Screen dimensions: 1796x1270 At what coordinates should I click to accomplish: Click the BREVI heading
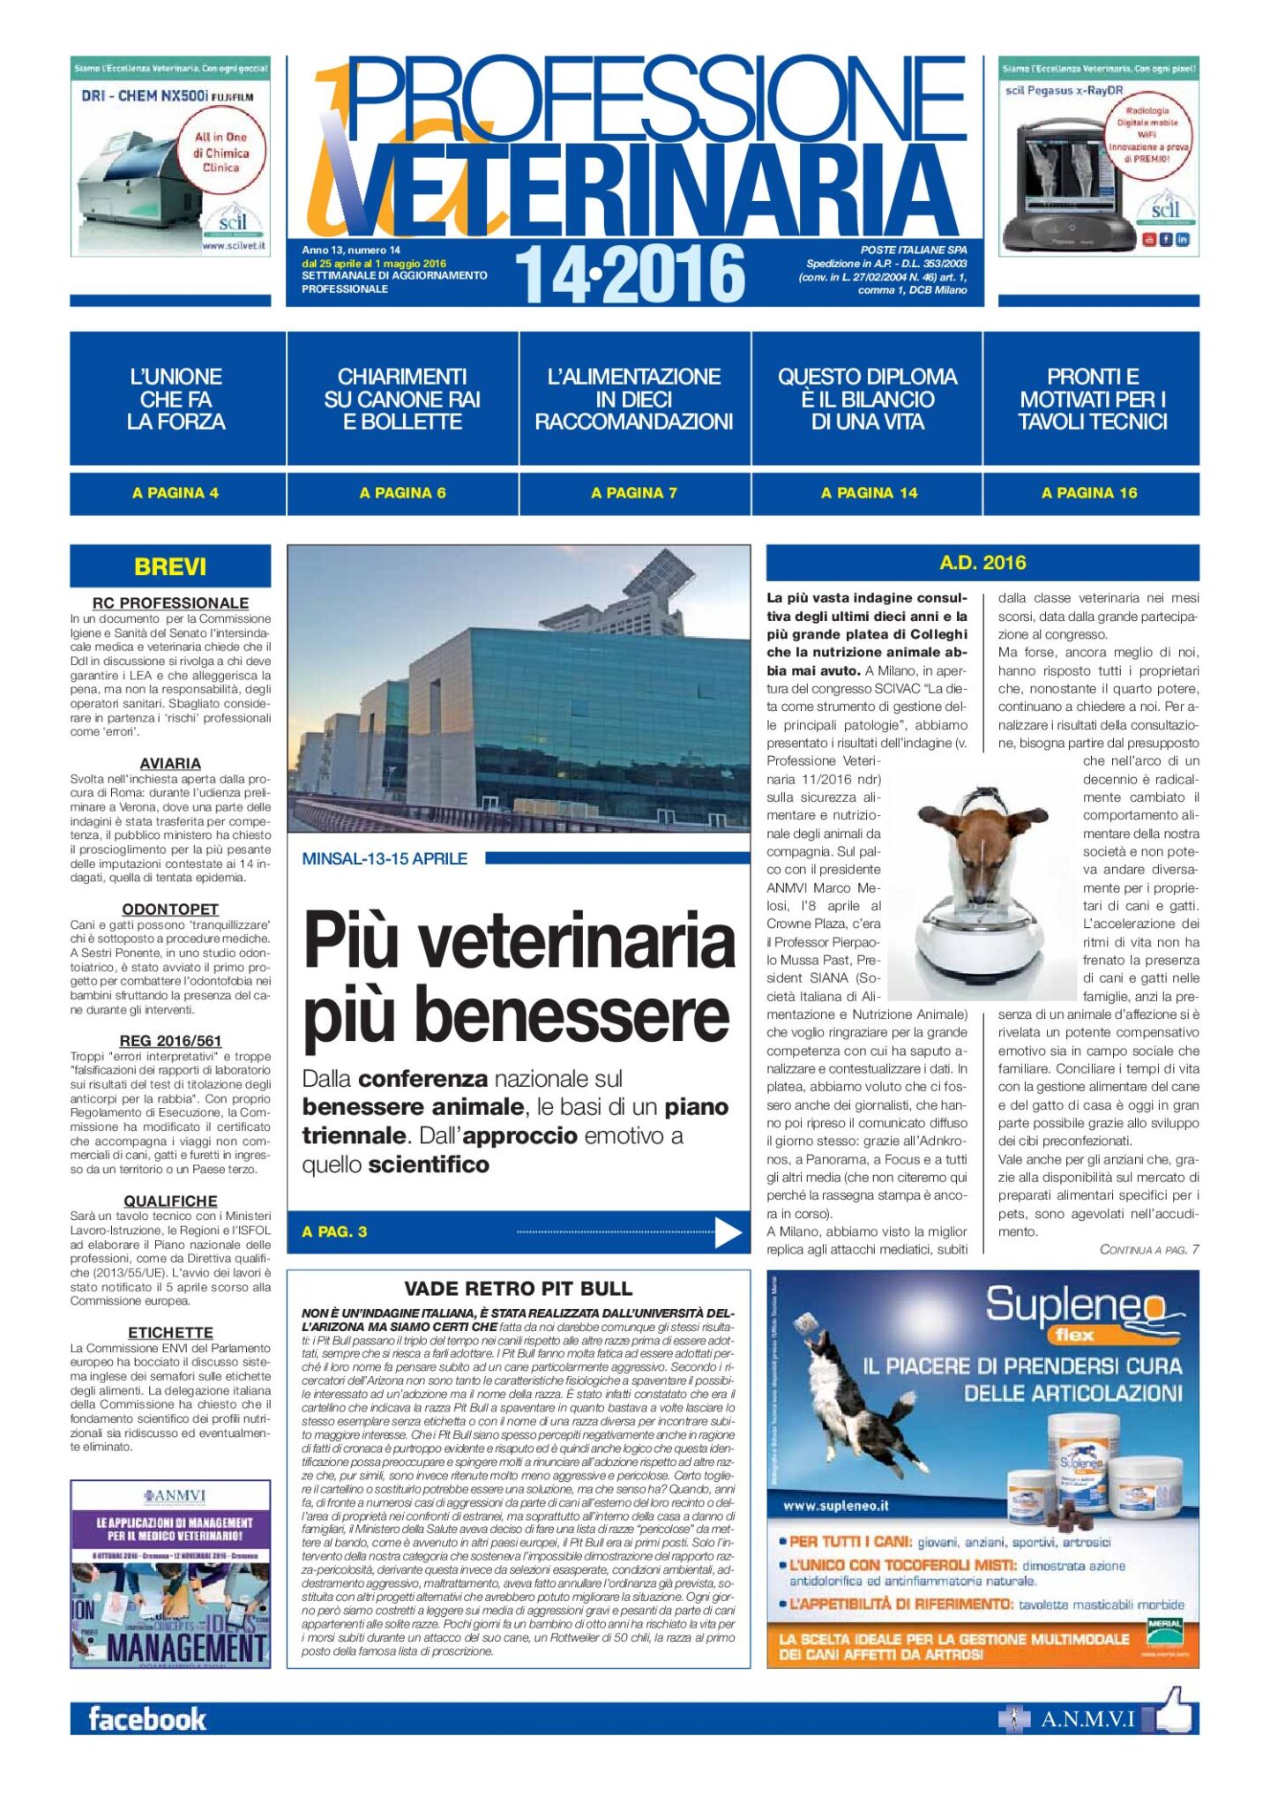(170, 566)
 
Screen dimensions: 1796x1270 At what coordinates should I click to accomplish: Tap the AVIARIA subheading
(170, 763)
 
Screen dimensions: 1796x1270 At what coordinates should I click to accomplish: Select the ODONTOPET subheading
(170, 909)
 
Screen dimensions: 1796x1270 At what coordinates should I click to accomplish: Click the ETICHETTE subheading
(170, 1332)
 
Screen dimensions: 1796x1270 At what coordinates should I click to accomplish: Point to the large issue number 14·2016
(630, 274)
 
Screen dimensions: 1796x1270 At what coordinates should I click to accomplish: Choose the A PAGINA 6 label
(402, 493)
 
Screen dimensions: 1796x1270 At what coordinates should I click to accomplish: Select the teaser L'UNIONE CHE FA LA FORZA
(176, 399)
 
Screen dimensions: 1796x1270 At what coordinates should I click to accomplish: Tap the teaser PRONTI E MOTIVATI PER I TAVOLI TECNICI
(1093, 399)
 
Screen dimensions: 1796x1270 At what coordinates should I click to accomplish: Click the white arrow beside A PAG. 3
(728, 1232)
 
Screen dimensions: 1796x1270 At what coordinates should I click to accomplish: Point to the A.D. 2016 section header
(982, 563)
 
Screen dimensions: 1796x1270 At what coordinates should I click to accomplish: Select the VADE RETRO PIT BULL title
(518, 1288)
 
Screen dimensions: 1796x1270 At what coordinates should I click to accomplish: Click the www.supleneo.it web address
(835, 1507)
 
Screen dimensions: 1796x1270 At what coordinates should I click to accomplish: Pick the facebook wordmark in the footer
(147, 1719)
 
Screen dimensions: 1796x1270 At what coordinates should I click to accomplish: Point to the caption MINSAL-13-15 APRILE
(385, 858)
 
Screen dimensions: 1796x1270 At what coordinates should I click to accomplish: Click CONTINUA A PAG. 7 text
(1148, 1249)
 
